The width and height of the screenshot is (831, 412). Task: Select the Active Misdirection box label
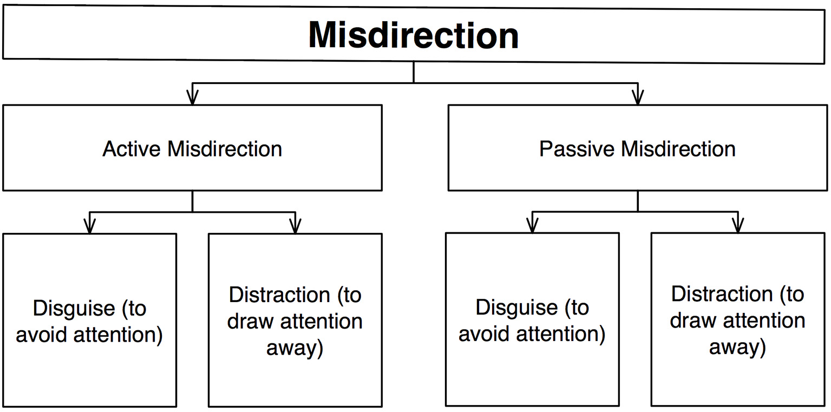click(192, 149)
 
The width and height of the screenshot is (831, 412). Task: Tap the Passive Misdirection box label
click(637, 149)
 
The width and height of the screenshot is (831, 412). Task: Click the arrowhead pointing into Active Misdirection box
click(192, 97)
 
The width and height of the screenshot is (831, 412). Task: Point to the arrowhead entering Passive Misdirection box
click(638, 97)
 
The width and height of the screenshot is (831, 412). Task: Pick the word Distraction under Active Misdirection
click(279, 295)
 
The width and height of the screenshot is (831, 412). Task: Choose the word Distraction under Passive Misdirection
click(722, 294)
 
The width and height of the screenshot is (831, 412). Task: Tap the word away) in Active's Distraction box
click(295, 348)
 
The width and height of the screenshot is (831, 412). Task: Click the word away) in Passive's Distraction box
click(737, 347)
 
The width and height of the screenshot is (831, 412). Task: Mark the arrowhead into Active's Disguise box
click(90, 226)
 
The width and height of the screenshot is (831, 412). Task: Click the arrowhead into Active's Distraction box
click(295, 226)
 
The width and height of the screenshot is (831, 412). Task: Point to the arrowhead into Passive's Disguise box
click(532, 226)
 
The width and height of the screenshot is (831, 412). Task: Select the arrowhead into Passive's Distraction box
click(737, 226)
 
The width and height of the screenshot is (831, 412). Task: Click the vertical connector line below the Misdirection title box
click(414, 71)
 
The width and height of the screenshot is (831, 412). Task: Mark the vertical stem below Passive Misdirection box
click(638, 200)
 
